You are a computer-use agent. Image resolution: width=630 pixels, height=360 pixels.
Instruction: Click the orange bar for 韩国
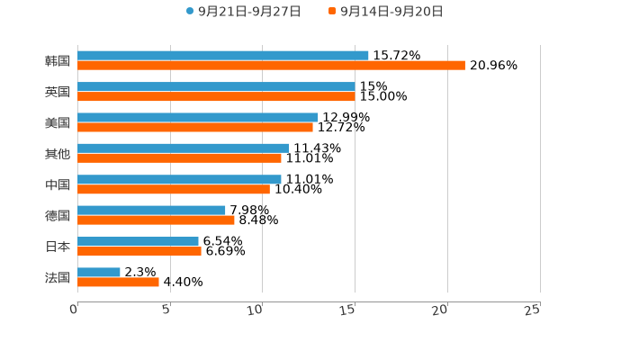click(271, 65)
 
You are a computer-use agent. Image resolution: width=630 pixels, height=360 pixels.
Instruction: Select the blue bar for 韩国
click(223, 55)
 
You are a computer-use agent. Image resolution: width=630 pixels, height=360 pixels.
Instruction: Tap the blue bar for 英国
click(216, 86)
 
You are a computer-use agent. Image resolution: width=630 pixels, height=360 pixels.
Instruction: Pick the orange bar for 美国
click(195, 127)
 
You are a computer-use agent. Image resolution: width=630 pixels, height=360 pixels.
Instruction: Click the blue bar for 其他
click(183, 148)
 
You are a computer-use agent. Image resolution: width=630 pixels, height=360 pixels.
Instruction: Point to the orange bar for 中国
click(174, 189)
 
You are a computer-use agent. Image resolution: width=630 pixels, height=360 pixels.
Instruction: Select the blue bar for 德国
click(151, 210)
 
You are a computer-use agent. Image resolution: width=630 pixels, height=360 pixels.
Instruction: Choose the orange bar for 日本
click(139, 251)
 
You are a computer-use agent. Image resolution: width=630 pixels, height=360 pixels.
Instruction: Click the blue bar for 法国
click(99, 272)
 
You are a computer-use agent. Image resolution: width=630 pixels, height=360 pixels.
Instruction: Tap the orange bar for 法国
click(118, 282)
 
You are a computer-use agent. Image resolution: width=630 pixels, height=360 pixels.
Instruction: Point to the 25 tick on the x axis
click(533, 310)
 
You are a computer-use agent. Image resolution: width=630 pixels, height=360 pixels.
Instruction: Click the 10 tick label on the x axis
click(256, 310)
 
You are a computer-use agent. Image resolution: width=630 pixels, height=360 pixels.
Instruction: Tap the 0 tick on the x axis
click(74, 310)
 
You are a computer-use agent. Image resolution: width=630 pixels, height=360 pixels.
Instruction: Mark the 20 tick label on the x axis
click(440, 310)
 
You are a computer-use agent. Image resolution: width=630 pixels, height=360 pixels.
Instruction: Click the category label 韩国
click(58, 60)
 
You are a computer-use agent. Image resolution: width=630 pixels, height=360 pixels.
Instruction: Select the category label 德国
click(58, 215)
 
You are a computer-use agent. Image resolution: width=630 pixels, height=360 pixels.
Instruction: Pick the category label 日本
click(58, 246)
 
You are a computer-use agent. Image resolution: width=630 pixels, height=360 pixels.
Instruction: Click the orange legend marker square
click(332, 12)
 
